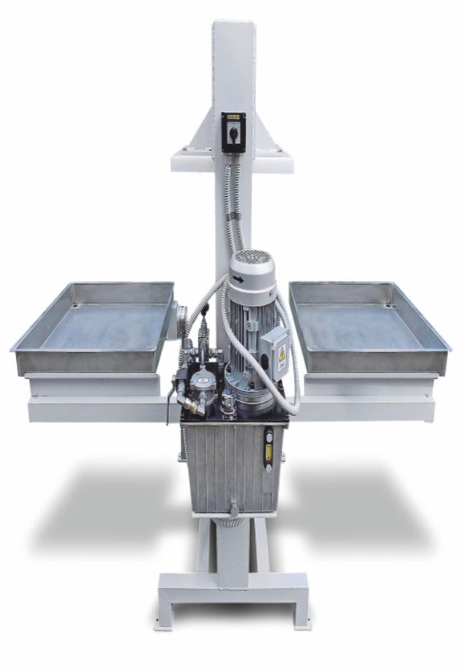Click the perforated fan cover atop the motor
(x=253, y=261)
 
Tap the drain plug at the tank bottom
(x=234, y=509)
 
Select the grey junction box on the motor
(x=274, y=349)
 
